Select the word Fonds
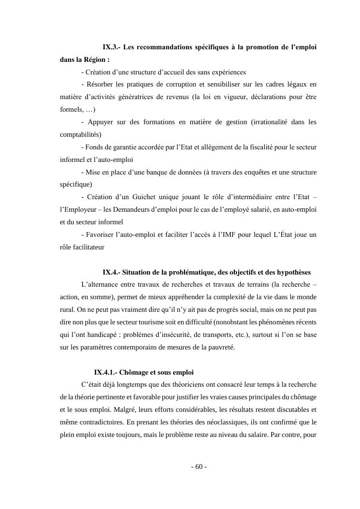point(95,147)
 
